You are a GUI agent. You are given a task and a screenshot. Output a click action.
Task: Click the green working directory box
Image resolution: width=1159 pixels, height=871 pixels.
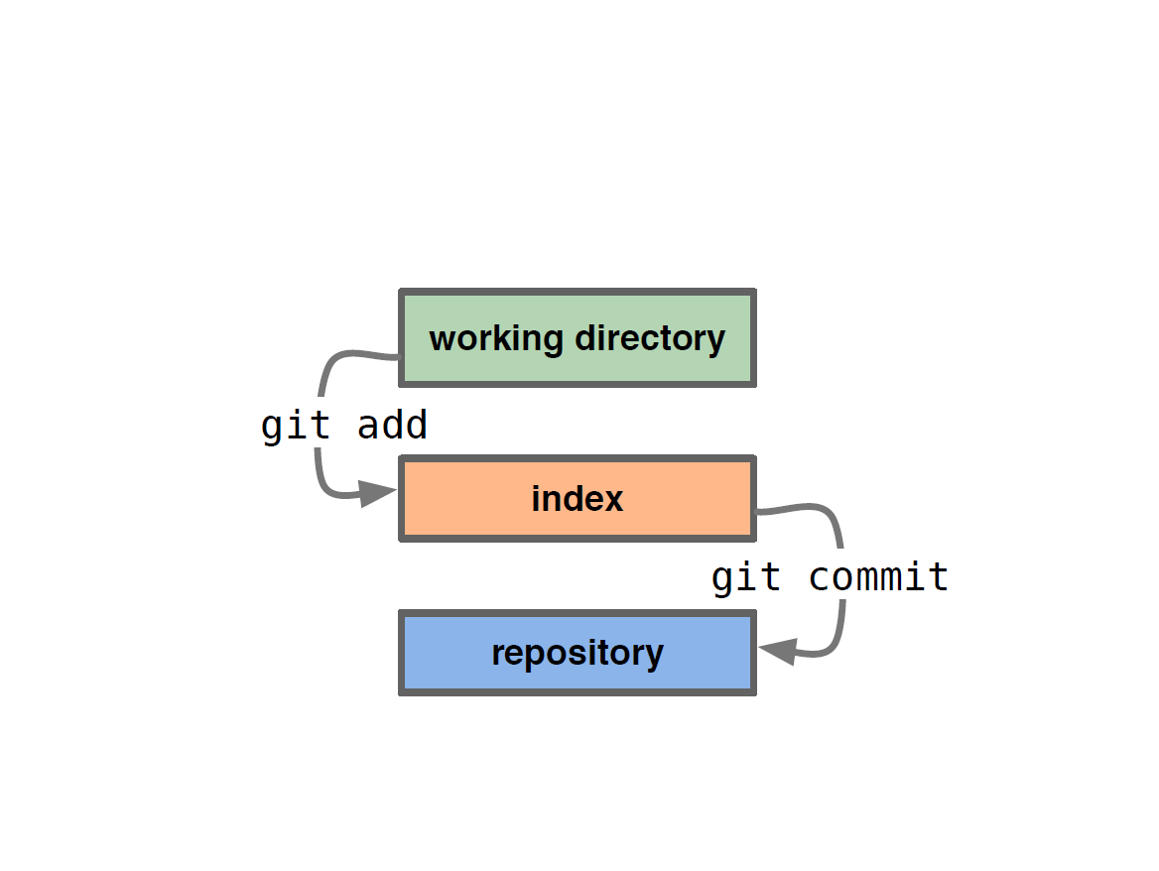pyautogui.click(x=578, y=337)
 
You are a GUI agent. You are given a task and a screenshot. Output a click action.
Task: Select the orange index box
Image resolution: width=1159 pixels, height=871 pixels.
pyautogui.click(x=578, y=499)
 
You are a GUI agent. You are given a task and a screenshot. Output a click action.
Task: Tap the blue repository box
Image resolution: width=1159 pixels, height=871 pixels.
pyautogui.click(x=578, y=653)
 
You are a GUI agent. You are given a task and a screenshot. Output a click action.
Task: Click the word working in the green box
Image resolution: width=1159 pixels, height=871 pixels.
pyautogui.click(x=496, y=340)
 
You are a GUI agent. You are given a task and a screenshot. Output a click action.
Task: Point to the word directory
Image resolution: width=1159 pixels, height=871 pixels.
pyautogui.click(x=651, y=340)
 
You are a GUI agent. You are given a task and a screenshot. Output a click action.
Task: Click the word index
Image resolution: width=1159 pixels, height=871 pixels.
pyautogui.click(x=578, y=499)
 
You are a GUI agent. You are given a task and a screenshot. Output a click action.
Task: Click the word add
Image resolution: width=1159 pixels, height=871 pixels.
pyautogui.click(x=393, y=425)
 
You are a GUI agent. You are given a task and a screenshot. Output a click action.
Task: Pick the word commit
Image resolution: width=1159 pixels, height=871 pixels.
pyautogui.click(x=879, y=576)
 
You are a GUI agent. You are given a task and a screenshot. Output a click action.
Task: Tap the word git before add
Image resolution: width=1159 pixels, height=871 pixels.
pyautogui.click(x=296, y=427)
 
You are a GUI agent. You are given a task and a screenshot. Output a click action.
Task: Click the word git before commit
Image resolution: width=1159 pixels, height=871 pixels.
pyautogui.click(x=746, y=578)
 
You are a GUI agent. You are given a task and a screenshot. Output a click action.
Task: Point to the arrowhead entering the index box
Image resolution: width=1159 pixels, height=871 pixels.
pyautogui.click(x=378, y=493)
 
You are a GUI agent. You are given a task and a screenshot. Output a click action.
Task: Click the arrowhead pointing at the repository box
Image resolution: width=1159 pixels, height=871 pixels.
pyautogui.click(x=778, y=651)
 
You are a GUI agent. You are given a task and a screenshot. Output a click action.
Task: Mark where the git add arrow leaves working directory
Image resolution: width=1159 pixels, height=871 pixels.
pyautogui.click(x=400, y=357)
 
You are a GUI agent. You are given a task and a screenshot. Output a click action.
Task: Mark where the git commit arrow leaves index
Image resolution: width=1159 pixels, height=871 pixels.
pyautogui.click(x=755, y=511)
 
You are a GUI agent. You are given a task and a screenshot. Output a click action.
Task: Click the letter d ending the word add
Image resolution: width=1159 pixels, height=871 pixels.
pyautogui.click(x=416, y=425)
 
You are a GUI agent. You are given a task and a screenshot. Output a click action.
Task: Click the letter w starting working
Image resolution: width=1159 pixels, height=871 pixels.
pyautogui.click(x=442, y=341)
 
